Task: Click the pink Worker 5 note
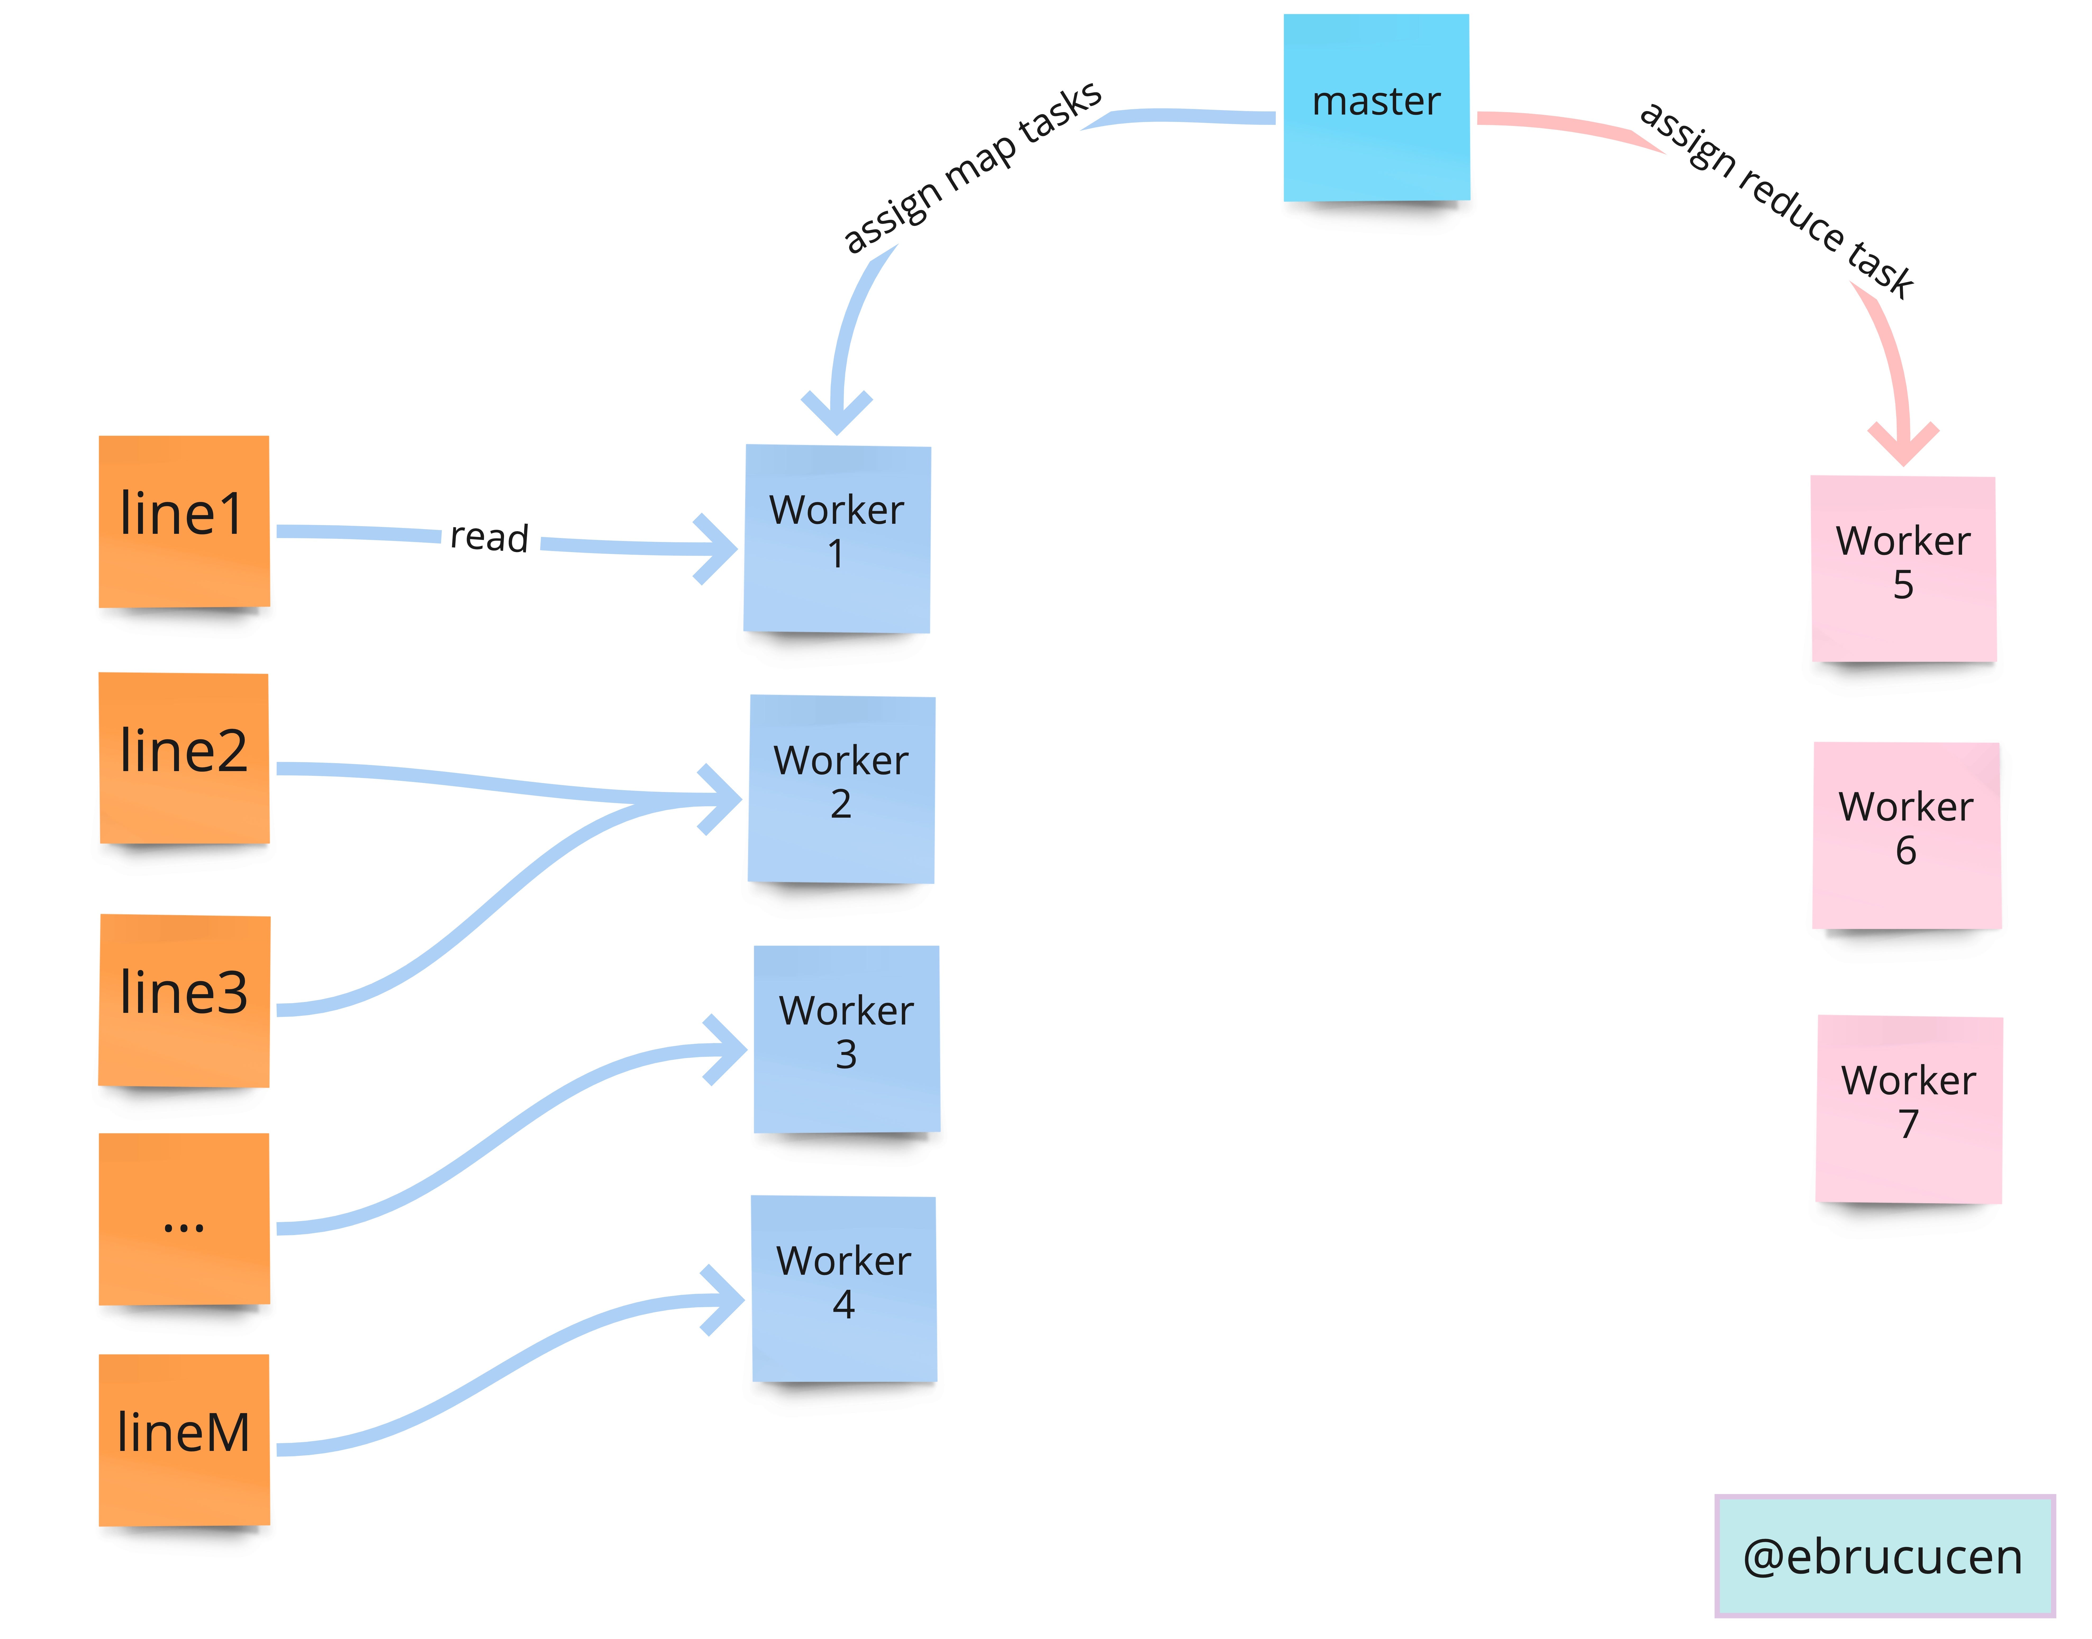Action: [1903, 568]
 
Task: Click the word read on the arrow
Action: [489, 537]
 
